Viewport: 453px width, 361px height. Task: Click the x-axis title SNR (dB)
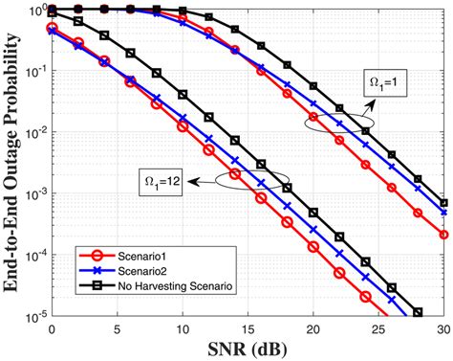[x=248, y=348]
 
